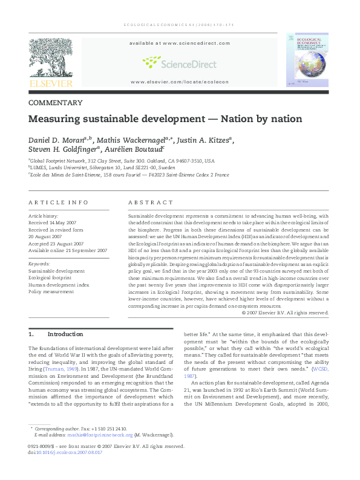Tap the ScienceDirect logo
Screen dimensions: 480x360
pyautogui.click(x=179, y=62)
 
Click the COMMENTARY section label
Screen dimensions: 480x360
pyautogui.click(x=56, y=103)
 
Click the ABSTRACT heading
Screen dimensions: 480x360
pyautogui.click(x=149, y=202)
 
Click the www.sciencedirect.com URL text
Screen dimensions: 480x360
pyautogui.click(x=179, y=44)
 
